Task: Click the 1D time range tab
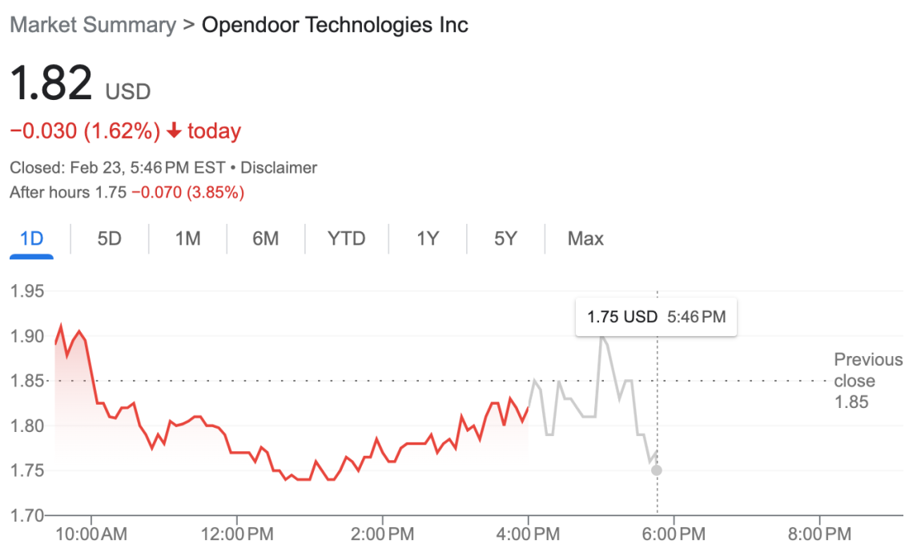tap(31, 238)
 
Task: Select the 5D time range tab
tap(109, 238)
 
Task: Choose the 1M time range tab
tap(187, 238)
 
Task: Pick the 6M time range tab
tap(265, 238)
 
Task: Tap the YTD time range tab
tap(347, 238)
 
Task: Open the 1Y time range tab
tap(428, 238)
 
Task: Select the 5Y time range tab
tap(505, 238)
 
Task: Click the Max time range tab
tap(585, 238)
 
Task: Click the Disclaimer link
tap(279, 168)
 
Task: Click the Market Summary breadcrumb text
tap(92, 25)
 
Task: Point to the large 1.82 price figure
tap(51, 83)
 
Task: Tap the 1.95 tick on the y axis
tap(26, 290)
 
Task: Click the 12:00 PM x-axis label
tap(236, 533)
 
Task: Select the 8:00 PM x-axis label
tap(819, 533)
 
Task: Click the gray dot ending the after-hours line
tap(657, 470)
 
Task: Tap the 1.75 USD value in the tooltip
tap(621, 317)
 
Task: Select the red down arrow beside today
tap(175, 131)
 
